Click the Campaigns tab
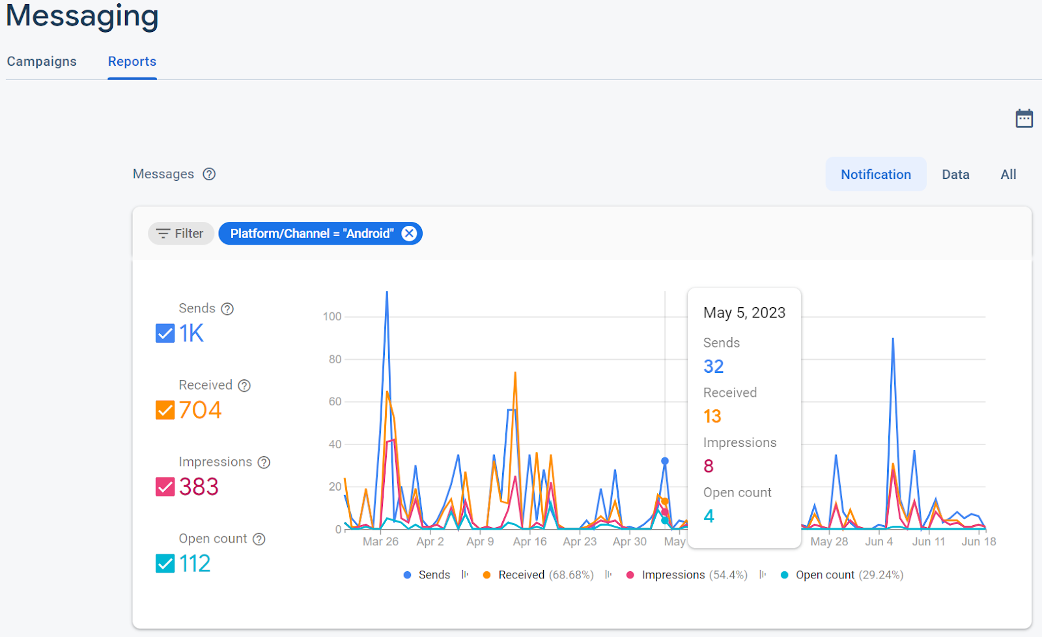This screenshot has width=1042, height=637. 42,61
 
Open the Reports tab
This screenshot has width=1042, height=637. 132,61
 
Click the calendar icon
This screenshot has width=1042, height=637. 1024,118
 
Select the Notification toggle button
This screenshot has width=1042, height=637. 875,174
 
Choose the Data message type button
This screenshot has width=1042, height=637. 955,174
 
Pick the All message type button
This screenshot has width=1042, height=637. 1008,174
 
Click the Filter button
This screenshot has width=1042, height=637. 181,234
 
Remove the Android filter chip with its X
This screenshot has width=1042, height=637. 409,234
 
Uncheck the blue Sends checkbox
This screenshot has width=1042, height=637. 165,333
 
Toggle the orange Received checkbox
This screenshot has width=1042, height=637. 165,410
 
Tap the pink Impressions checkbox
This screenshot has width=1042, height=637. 165,487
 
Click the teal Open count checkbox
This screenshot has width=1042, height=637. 165,563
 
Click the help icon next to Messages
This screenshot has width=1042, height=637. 209,174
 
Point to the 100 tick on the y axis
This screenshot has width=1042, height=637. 332,317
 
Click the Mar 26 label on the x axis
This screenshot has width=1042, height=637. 380,541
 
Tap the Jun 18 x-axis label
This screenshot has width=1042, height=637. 979,541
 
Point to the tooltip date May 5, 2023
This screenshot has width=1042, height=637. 744,313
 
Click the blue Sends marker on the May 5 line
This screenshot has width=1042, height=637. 665,461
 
